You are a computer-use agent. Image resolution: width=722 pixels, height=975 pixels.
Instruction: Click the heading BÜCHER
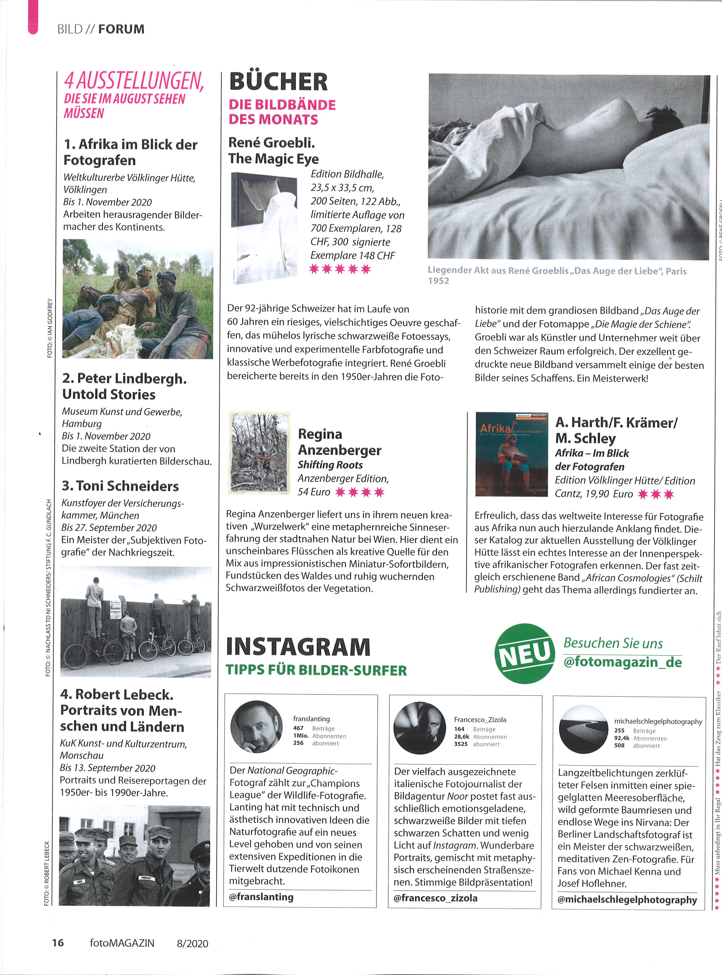[278, 82]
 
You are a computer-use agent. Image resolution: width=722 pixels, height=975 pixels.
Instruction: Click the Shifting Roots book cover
[259, 453]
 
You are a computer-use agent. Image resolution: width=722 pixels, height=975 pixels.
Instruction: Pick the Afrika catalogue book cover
[511, 454]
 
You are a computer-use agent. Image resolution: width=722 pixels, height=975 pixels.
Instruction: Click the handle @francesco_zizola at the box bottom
[435, 898]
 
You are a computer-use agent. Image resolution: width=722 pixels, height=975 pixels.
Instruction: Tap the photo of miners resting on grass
[138, 299]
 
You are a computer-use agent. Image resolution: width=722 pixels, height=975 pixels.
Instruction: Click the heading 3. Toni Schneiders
[120, 486]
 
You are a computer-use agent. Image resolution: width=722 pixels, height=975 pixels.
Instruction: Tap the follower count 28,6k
[461, 737]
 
